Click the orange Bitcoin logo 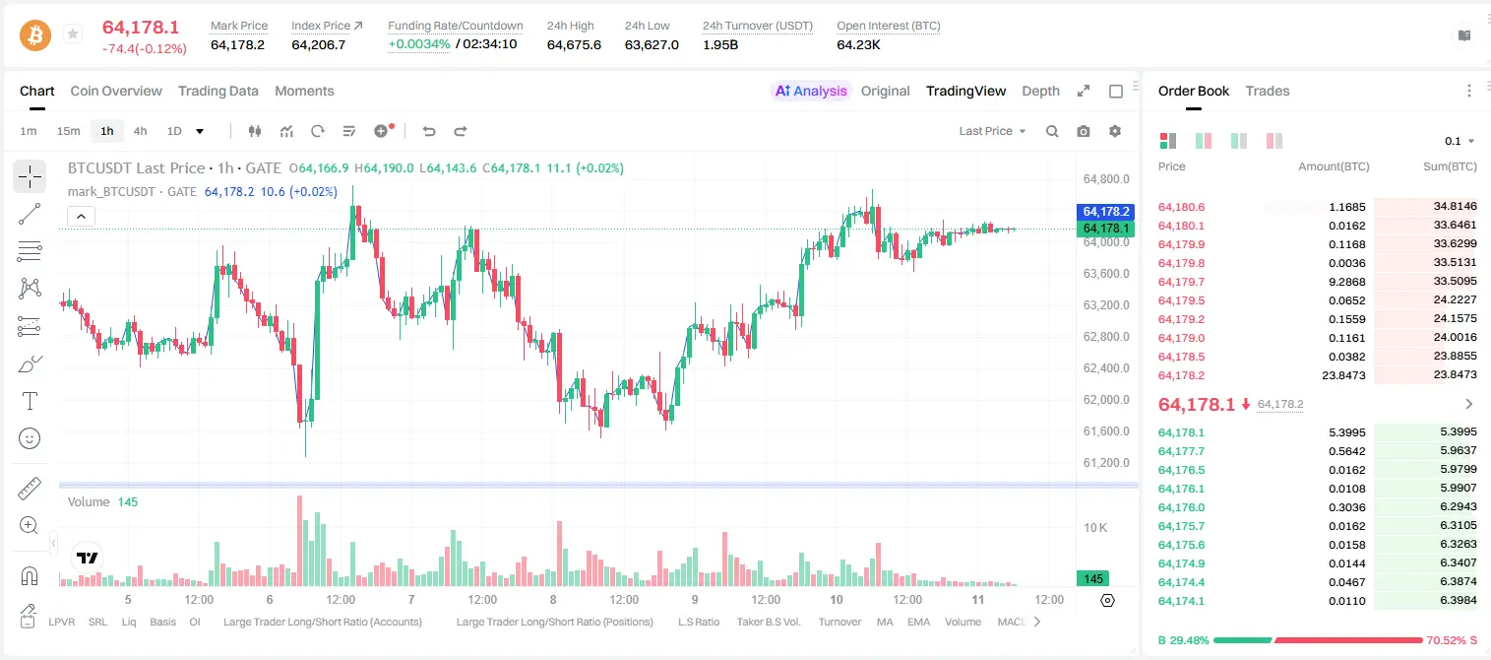click(x=35, y=34)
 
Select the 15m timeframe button click(x=69, y=131)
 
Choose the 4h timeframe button click(x=140, y=131)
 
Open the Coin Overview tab click(x=116, y=91)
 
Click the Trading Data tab click(x=217, y=91)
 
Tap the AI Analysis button click(x=811, y=91)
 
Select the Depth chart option click(x=1040, y=91)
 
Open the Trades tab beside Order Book click(x=1268, y=91)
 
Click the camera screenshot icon click(x=1084, y=131)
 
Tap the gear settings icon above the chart click(x=1115, y=131)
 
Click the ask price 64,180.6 click(x=1182, y=207)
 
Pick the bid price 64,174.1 click(x=1182, y=601)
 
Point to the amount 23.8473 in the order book click(x=1343, y=375)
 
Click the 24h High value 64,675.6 click(x=574, y=44)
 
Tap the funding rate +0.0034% click(x=419, y=44)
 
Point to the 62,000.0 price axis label click(x=1106, y=400)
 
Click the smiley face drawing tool click(x=30, y=438)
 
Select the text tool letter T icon click(x=30, y=401)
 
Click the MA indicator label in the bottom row click(x=885, y=622)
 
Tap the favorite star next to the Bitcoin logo click(x=73, y=33)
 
